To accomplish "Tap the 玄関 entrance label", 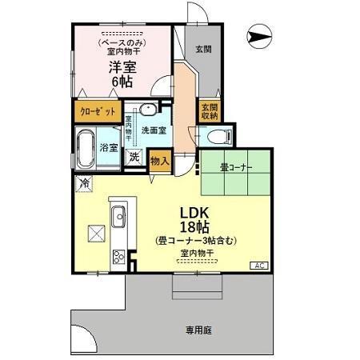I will click(203, 49).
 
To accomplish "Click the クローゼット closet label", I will click(99, 111).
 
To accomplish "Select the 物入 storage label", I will click(159, 160).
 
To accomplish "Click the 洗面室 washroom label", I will click(153, 130).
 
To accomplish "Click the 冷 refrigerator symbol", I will click(84, 184).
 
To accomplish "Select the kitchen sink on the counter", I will click(118, 215).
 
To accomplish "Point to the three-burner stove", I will click(119, 257).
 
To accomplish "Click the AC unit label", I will click(259, 265).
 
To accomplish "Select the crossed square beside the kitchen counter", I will click(98, 233).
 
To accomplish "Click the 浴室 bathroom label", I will click(110, 148).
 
